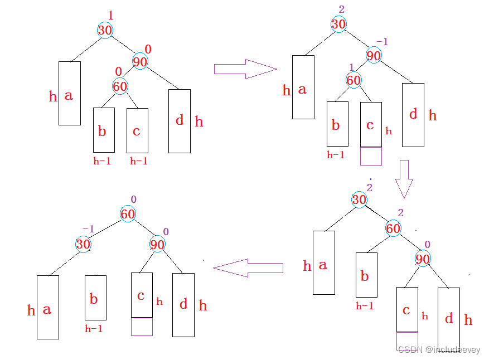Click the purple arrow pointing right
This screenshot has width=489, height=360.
245,69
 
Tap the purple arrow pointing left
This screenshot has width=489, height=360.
248,268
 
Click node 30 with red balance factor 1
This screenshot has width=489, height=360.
105,30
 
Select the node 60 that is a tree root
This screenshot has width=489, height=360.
128,214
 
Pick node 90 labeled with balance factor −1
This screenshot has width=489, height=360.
374,55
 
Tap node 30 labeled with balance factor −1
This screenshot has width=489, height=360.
83,244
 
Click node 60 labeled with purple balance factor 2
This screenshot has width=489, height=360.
393,228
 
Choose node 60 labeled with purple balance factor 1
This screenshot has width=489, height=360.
354,80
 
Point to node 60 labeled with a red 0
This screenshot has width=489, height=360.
120,86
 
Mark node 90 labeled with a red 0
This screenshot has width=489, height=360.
140,61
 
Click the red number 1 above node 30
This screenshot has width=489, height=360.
110,15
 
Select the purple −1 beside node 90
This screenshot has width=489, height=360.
383,41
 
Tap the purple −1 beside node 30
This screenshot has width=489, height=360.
88,229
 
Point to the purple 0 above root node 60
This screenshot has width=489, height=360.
133,199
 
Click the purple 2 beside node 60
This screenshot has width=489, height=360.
401,212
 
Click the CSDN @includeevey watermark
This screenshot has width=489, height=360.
439,349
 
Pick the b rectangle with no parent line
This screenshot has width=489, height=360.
96,298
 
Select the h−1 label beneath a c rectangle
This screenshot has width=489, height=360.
139,161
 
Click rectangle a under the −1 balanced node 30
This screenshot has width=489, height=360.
48,307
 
